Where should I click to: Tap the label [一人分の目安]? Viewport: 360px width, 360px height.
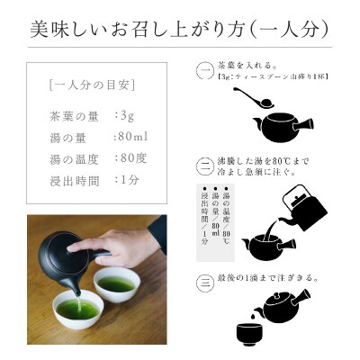click(x=87, y=86)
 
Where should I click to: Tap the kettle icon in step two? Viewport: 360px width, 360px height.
click(x=302, y=210)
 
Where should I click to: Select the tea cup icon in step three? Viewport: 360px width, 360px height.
click(x=250, y=334)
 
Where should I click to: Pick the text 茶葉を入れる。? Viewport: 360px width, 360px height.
click(x=247, y=66)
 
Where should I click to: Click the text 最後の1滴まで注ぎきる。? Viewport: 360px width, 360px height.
click(x=268, y=278)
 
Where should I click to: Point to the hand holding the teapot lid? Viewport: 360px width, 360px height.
click(x=99, y=241)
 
